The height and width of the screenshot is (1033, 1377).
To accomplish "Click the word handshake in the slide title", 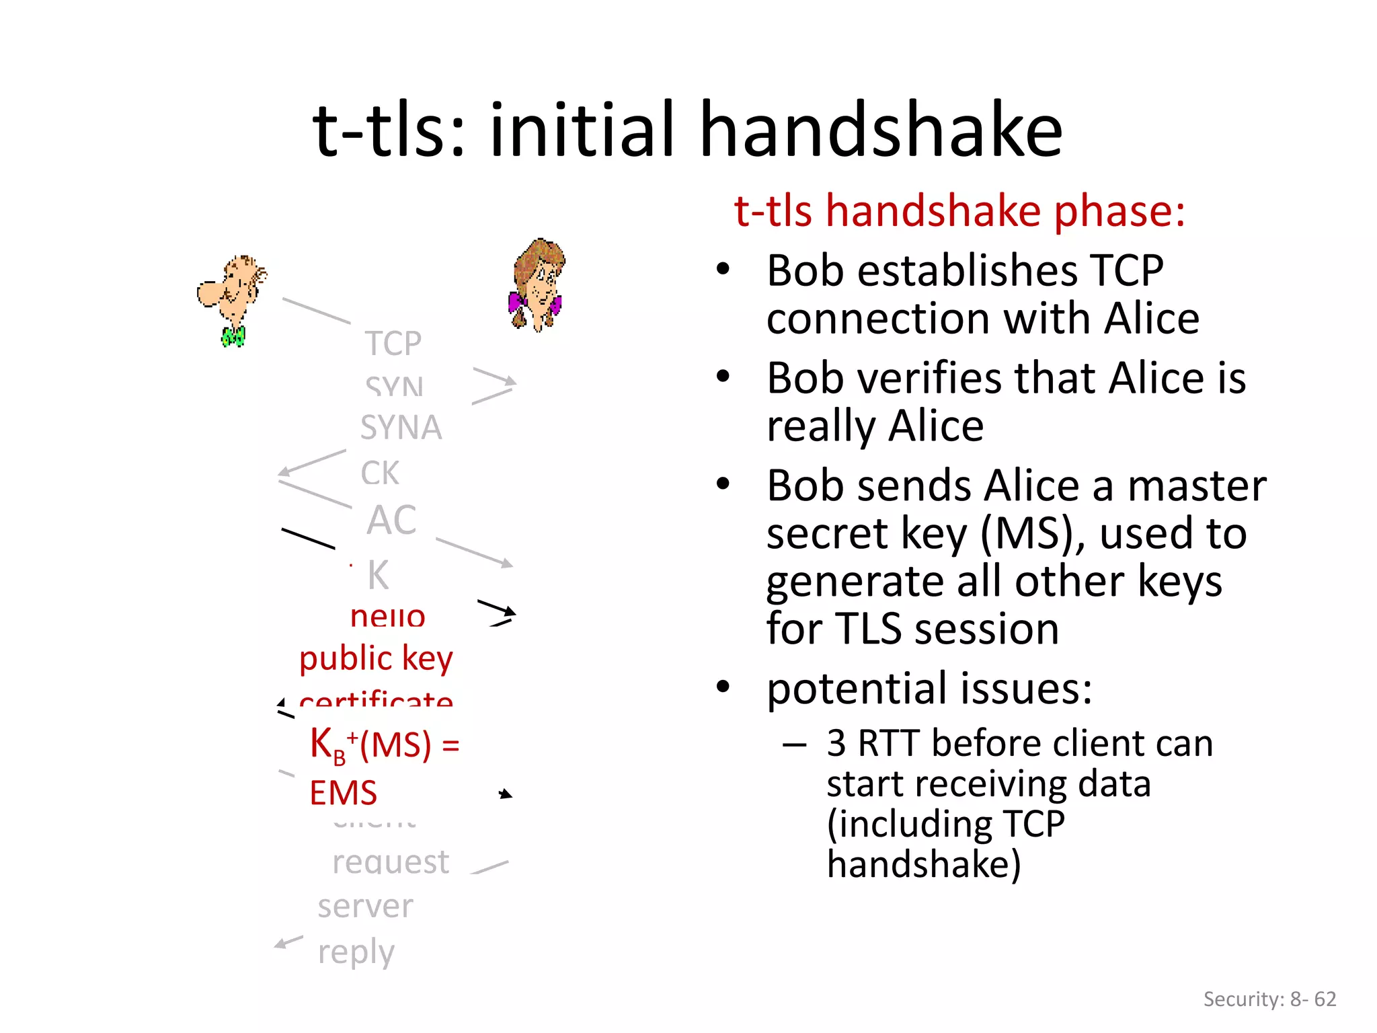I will pos(881,129).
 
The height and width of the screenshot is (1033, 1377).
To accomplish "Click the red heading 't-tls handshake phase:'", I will pos(959,211).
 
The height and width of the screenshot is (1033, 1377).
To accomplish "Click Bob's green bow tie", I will pos(233,336).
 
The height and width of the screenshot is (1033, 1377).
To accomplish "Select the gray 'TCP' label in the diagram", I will pos(393,344).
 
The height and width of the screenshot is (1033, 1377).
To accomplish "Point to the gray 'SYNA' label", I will pos(401,428).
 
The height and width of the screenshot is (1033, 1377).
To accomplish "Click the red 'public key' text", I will pos(376,658).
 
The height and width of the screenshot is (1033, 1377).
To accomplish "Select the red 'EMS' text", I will pos(343,793).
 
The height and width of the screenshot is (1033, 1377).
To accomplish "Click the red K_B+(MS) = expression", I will pos(384,745).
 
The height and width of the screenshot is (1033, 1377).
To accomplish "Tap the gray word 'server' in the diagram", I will pos(365,907).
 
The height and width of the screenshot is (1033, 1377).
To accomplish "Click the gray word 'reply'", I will pos(356,952).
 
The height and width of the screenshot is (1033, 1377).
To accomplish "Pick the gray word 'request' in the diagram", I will pos(390,862).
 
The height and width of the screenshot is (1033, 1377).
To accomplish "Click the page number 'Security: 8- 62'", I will pos(1269,999).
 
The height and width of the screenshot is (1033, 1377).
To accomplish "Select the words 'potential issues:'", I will pos(929,689).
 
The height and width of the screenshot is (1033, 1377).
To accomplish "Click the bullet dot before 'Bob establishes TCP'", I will pos(723,270).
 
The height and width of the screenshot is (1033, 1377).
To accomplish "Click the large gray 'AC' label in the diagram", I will pos(391,520).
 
